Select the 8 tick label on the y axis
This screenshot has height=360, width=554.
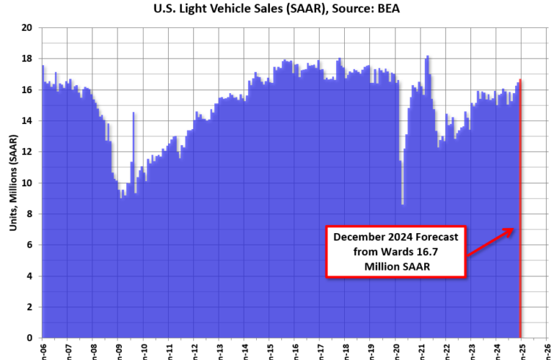coord(30,214)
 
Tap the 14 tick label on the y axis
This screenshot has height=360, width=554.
coord(27,120)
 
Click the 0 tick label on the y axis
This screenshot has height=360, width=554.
coord(30,338)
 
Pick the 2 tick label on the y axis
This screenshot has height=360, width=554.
coord(30,307)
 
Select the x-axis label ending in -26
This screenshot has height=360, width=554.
coord(547,351)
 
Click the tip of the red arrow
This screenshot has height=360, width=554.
coord(513,229)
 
